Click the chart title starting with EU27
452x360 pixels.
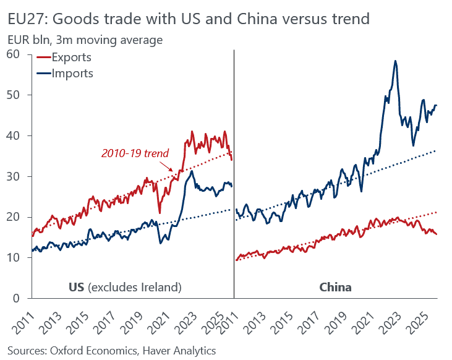tap(188, 19)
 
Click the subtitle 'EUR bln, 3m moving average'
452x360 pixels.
tap(85, 40)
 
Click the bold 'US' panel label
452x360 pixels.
tap(76, 287)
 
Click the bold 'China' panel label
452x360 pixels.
tap(335, 287)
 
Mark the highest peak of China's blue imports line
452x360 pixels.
tap(394, 61)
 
